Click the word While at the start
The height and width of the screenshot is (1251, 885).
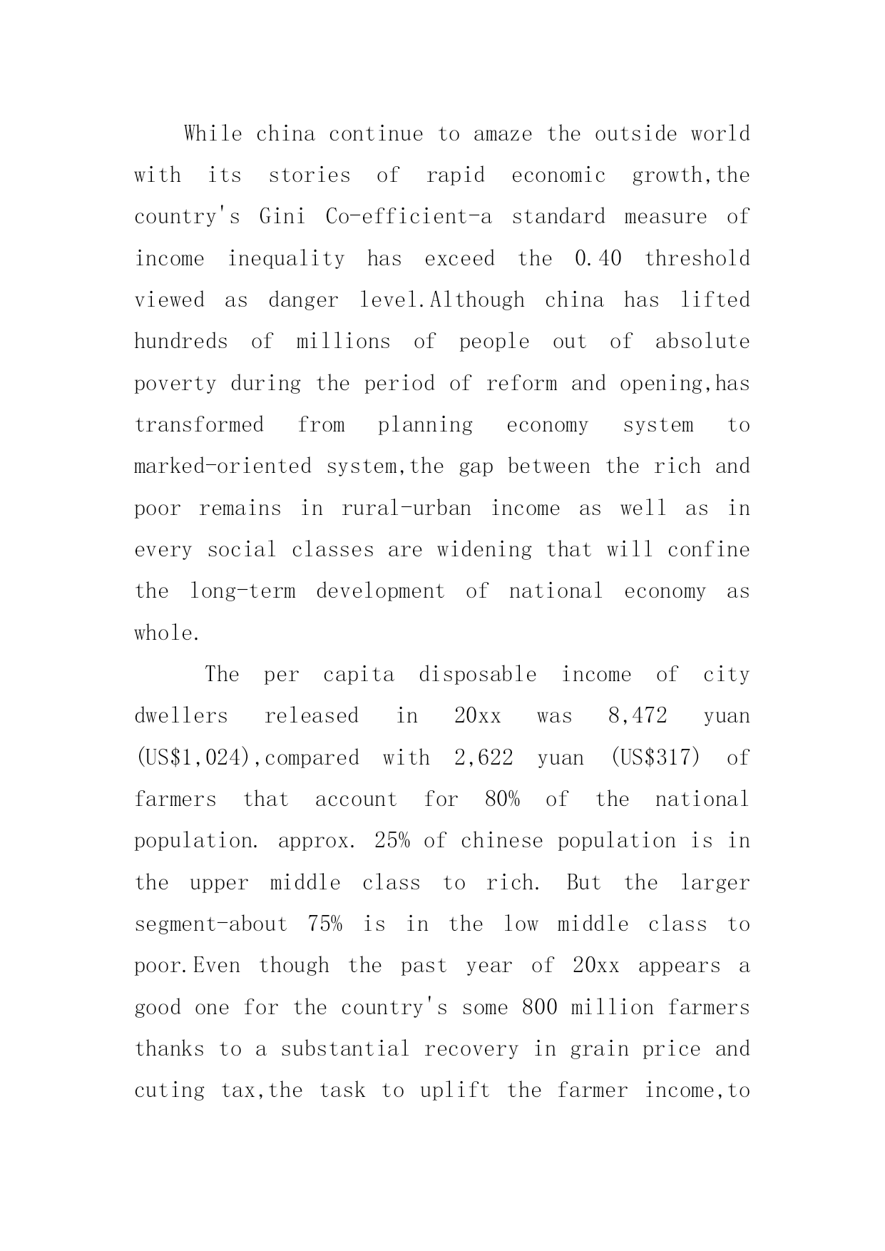point(213,133)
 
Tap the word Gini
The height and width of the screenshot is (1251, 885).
point(282,217)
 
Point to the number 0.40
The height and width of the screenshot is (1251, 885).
point(598,258)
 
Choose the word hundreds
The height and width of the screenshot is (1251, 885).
point(181,342)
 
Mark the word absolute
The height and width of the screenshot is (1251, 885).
point(702,342)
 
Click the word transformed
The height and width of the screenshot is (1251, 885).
point(199,425)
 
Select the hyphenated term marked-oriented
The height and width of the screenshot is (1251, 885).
point(223,466)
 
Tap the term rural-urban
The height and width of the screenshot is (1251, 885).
point(406,509)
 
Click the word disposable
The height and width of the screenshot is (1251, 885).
point(477,675)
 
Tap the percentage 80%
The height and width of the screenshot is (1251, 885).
point(502,800)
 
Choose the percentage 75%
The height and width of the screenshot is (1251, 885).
point(324,924)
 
